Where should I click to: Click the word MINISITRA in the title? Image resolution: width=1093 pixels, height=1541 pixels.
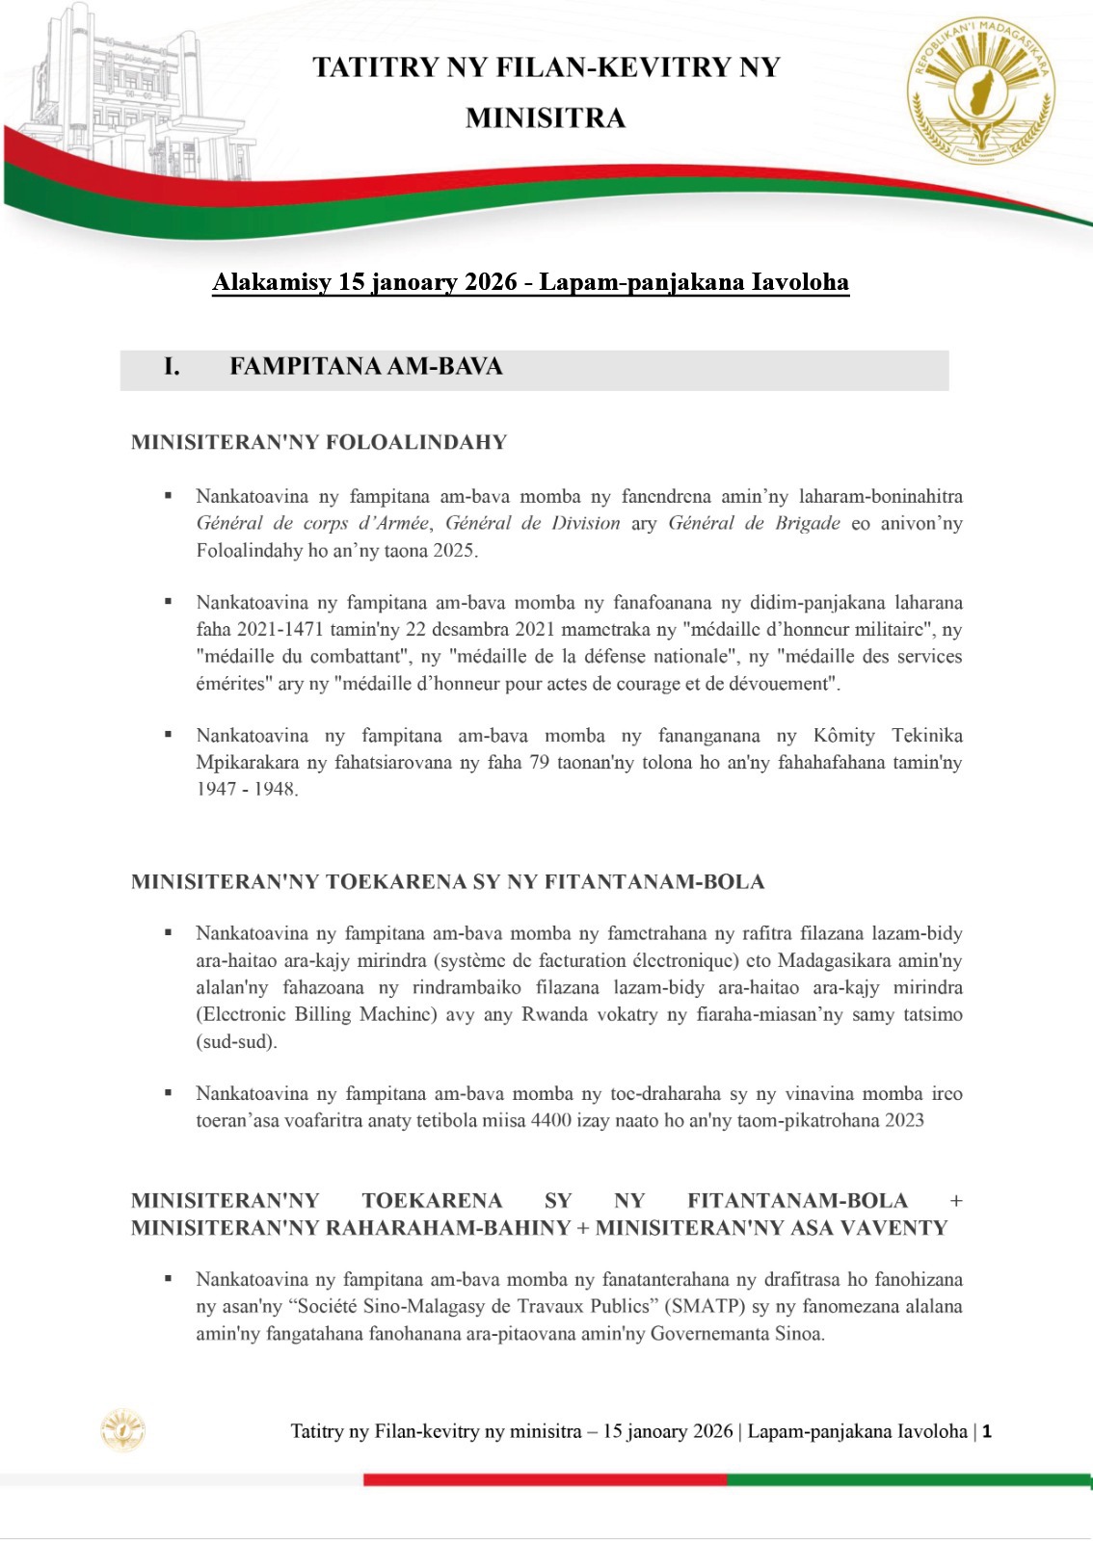(x=546, y=118)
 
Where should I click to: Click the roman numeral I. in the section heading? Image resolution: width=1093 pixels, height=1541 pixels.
(x=172, y=367)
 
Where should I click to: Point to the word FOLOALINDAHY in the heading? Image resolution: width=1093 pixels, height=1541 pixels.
(x=416, y=442)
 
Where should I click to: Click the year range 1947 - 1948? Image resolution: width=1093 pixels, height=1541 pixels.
(x=247, y=790)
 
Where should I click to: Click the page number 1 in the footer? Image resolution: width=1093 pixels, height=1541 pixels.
(x=987, y=1431)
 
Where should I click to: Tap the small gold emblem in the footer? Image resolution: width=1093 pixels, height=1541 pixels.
(x=123, y=1430)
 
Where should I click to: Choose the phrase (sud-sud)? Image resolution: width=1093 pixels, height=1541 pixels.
(x=236, y=1041)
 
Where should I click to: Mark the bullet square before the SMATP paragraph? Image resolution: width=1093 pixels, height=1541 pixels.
(x=169, y=1279)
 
